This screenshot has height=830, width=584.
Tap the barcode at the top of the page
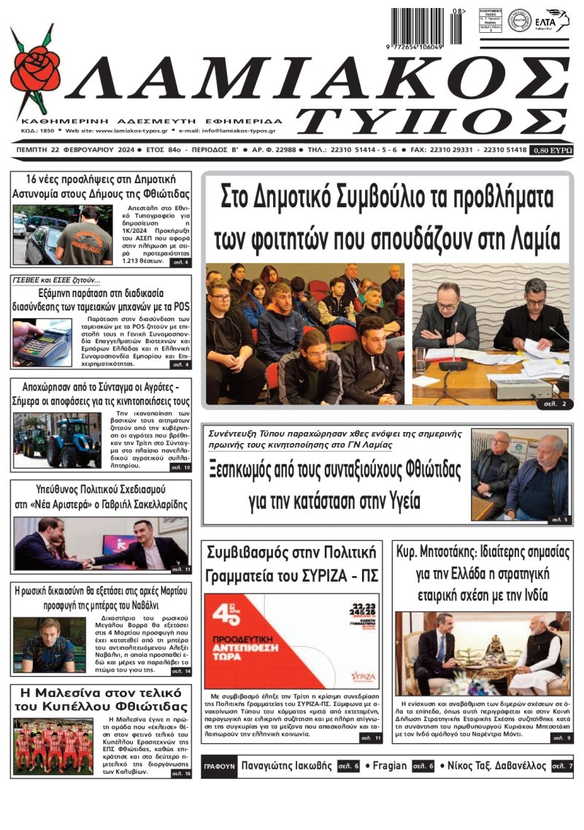419,27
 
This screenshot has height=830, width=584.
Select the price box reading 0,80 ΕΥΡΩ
551,150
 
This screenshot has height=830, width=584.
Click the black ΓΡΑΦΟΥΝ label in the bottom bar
220,766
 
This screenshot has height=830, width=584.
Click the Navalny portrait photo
45,645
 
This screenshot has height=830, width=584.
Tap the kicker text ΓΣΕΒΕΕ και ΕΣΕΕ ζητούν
57,280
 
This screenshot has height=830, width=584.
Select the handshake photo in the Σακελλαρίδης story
101,543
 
